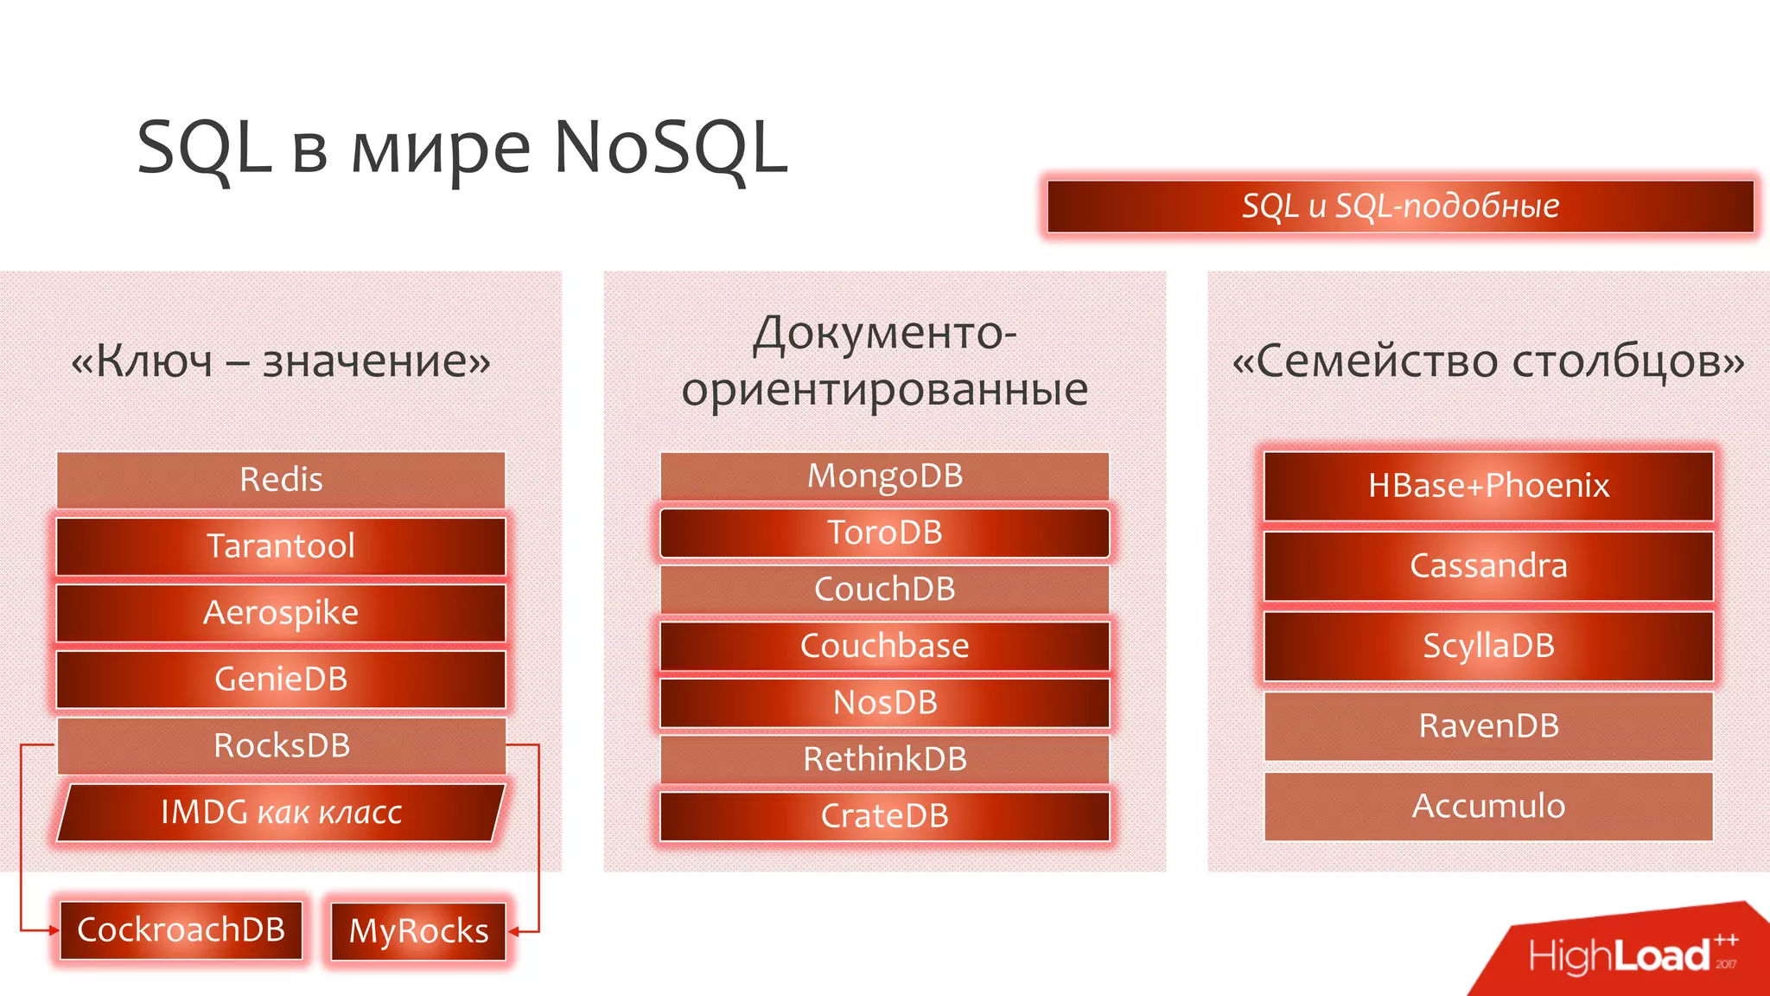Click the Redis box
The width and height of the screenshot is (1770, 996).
tap(281, 480)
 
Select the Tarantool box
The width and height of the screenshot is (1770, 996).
tap(281, 546)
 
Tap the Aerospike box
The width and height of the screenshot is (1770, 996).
tap(281, 613)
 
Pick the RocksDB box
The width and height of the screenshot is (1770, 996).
tap(281, 745)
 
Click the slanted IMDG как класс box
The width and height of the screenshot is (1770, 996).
tap(281, 813)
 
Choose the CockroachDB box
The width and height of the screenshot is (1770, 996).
tap(181, 930)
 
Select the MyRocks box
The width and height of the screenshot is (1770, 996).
tap(418, 931)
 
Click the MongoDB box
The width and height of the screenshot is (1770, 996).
tap(884, 476)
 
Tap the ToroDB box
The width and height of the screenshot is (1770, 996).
tap(884, 533)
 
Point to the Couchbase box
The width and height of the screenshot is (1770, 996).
tap(884, 646)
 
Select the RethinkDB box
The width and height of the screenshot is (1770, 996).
tap(884, 759)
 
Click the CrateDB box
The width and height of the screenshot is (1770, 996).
tap(884, 816)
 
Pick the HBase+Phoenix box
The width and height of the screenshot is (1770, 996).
tap(1488, 486)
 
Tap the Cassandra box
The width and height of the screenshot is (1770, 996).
tap(1488, 566)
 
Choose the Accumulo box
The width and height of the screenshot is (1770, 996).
tap(1488, 807)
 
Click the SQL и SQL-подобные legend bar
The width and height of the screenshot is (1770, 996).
tap(1400, 207)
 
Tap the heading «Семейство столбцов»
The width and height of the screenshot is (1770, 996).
tap(1488, 361)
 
